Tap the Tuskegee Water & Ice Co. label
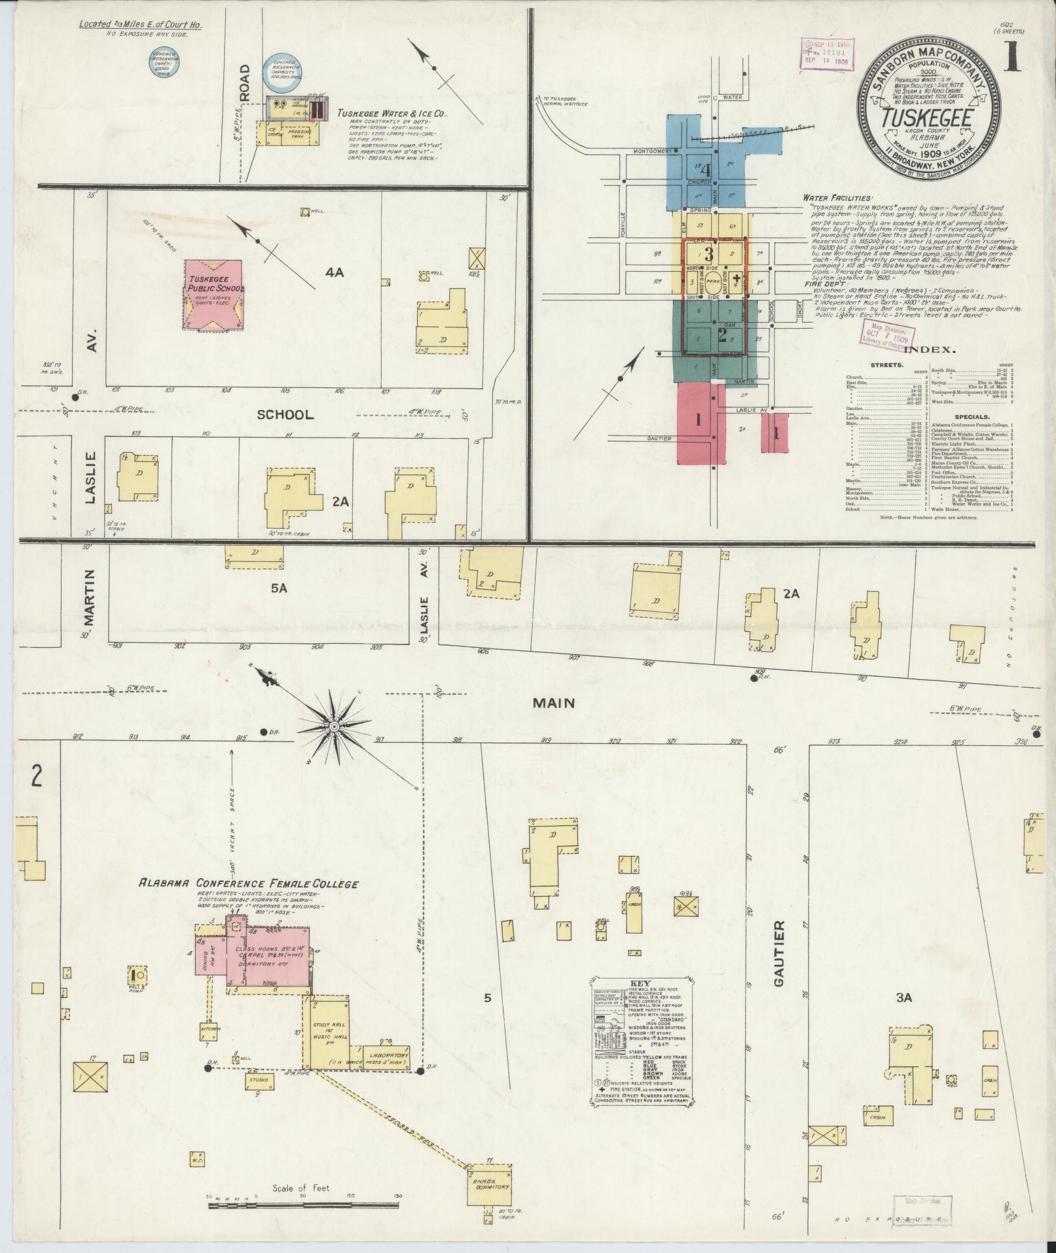coord(391,113)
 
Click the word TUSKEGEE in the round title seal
coord(925,119)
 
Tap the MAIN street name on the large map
coord(553,703)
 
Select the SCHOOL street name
coord(285,415)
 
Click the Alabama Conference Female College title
coord(248,884)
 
